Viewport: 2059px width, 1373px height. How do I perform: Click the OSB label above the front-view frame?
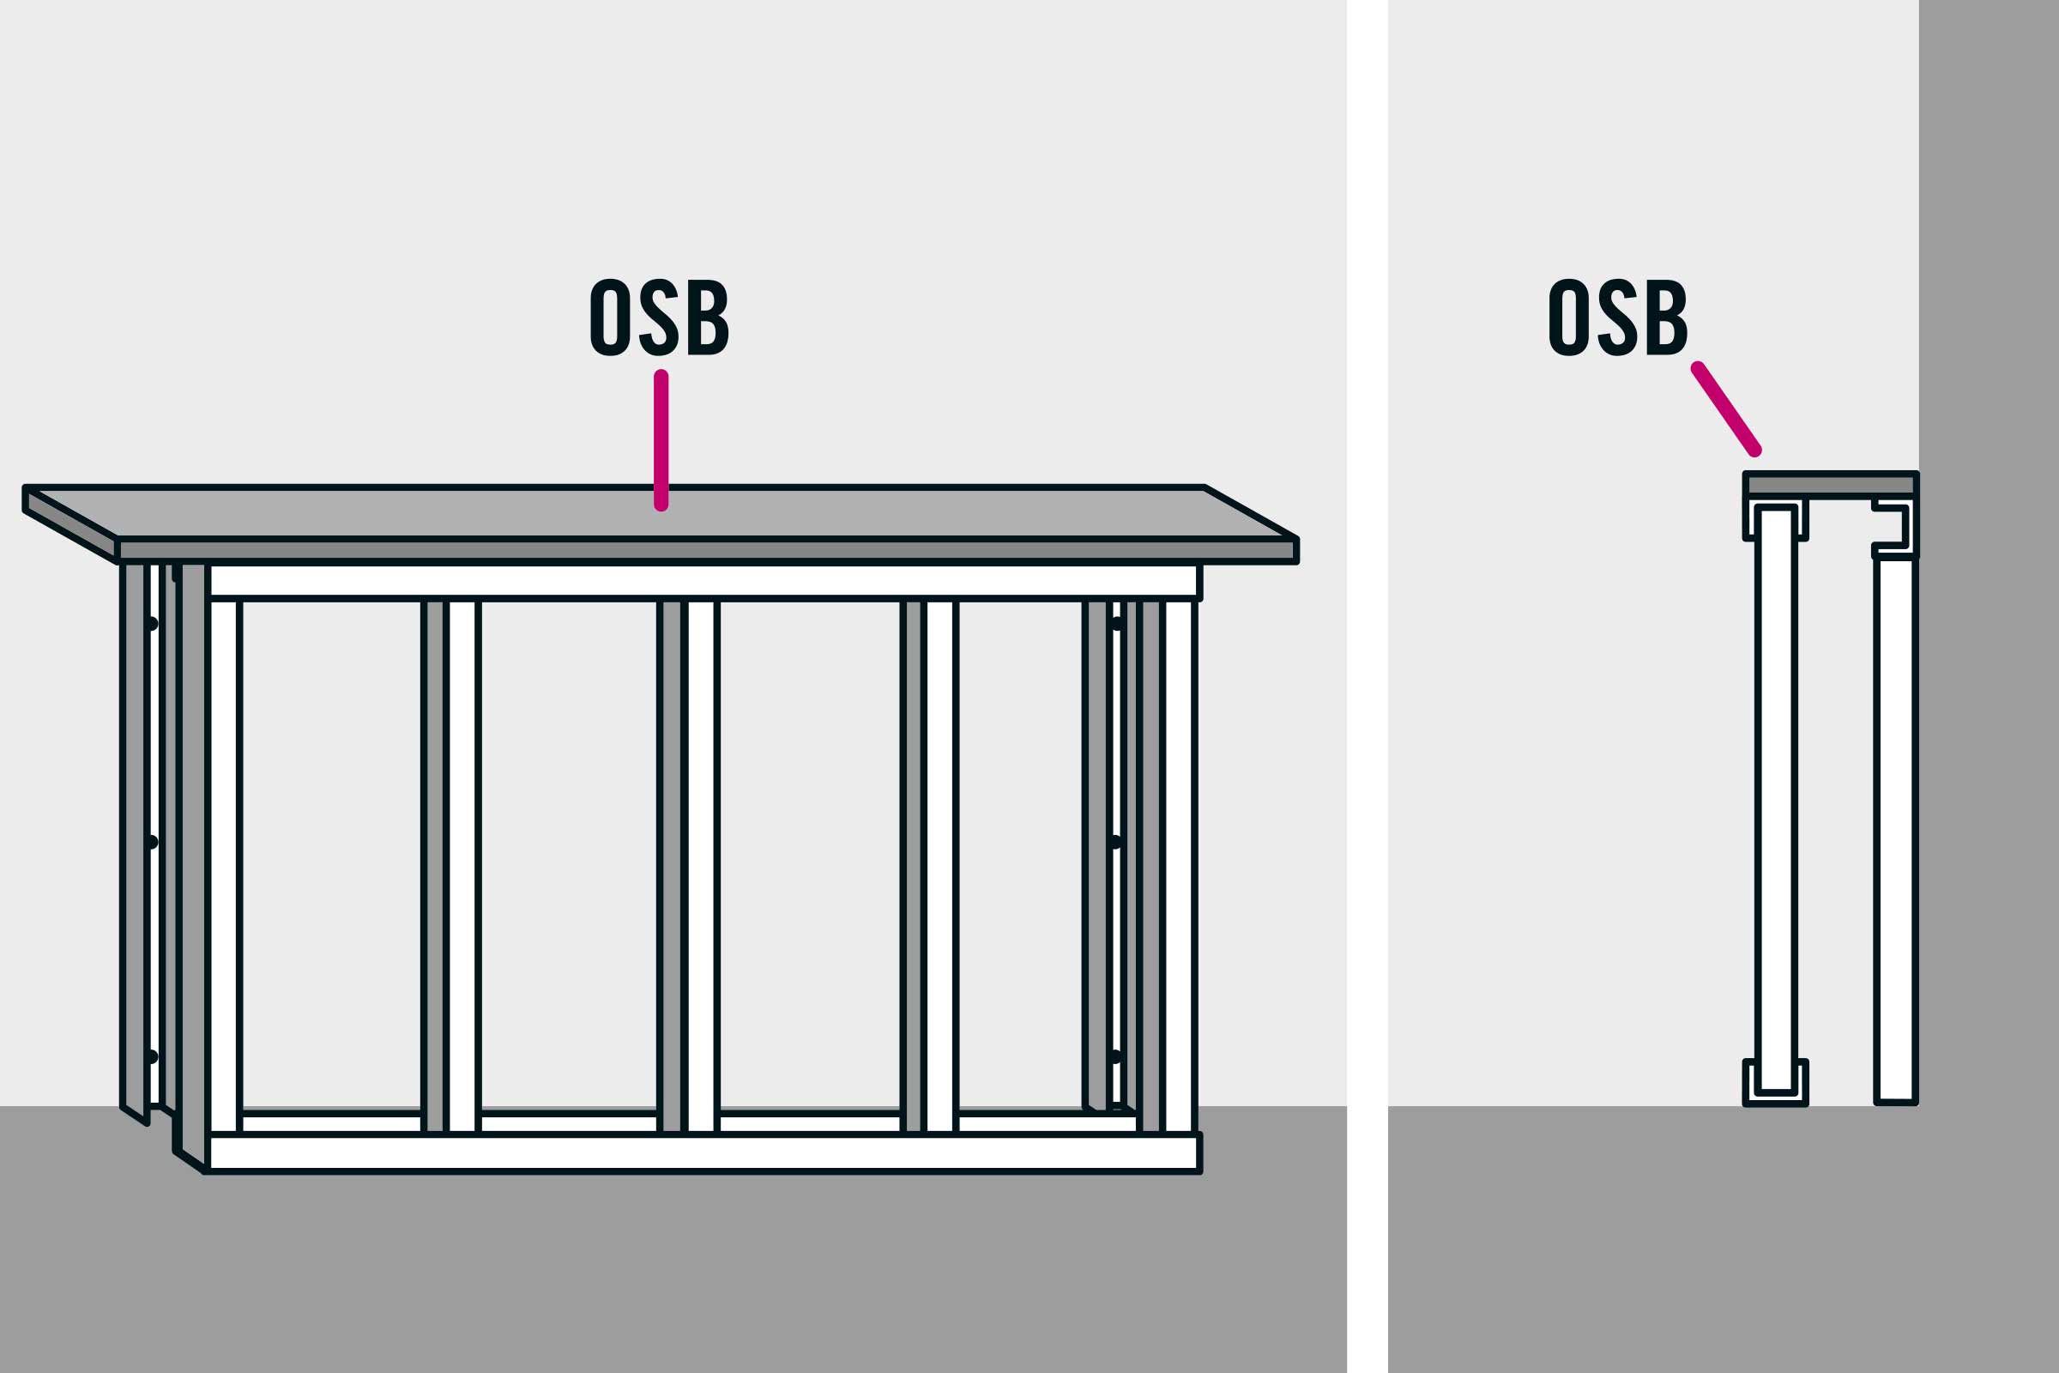click(x=659, y=316)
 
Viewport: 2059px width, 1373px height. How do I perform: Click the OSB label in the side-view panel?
click(x=1618, y=316)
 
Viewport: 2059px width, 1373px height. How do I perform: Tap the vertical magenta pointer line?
click(x=661, y=440)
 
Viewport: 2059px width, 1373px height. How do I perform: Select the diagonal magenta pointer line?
click(x=1726, y=409)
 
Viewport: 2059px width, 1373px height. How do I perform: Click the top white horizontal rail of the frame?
click(x=703, y=581)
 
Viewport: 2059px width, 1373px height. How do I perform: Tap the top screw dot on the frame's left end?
click(x=152, y=624)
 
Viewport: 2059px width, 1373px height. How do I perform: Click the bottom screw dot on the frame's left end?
click(x=152, y=1056)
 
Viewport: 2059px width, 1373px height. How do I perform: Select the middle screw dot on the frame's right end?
click(x=1115, y=843)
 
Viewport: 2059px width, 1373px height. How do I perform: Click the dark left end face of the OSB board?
click(x=71, y=524)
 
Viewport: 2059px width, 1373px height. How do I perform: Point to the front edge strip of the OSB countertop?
click(x=706, y=550)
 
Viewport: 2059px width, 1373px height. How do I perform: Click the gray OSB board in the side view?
click(x=1832, y=484)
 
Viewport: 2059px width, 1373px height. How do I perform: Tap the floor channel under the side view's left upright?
click(x=1775, y=1084)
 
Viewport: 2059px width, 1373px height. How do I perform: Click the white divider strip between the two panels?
click(x=1368, y=686)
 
